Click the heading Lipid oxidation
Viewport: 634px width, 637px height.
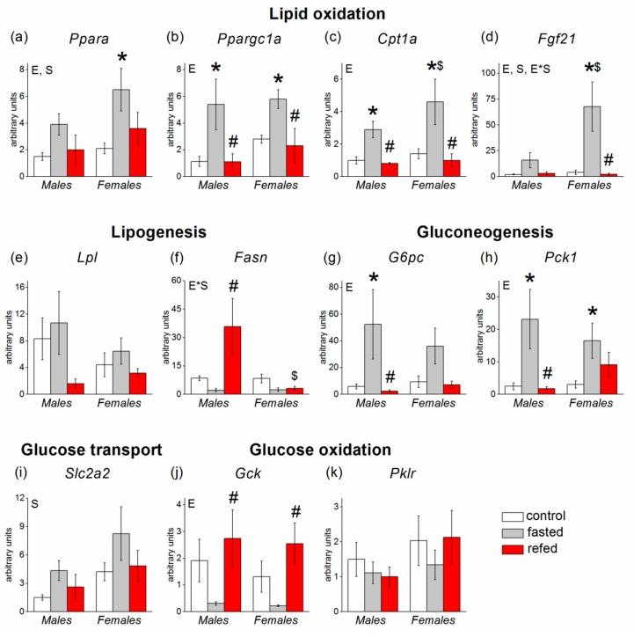(317, 13)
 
